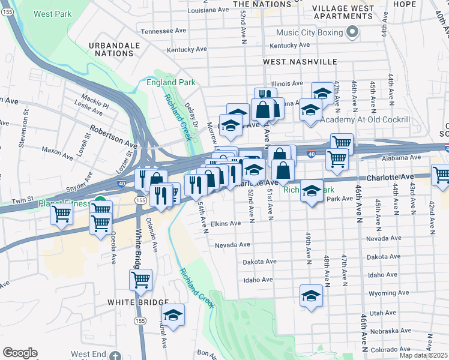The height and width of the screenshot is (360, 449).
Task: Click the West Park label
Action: [53, 14]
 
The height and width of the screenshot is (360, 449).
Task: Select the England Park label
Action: [170, 82]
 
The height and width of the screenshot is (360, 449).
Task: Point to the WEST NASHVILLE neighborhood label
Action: [300, 62]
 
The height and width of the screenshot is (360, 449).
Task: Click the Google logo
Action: [20, 353]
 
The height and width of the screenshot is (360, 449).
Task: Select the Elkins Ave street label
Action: [225, 223]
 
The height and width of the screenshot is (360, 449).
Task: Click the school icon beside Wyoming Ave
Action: [310, 296]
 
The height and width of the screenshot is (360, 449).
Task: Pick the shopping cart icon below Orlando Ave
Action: [140, 278]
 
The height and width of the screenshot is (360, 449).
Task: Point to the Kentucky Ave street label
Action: [289, 45]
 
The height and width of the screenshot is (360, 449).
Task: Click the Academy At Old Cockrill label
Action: [365, 120]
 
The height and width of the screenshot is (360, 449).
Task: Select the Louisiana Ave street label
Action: [208, 10]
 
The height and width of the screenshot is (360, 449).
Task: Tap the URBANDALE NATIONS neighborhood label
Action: [110, 49]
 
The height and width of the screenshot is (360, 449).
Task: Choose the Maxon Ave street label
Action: [58, 151]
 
